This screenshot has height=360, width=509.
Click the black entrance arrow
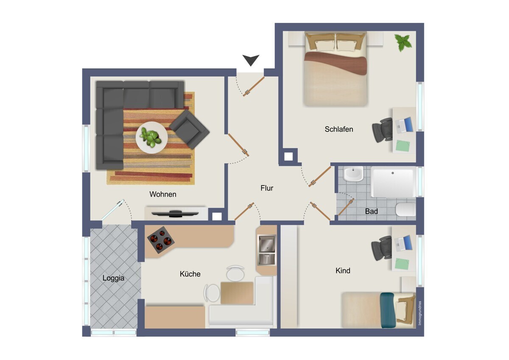tap(251, 59)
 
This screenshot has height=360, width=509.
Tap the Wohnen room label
tap(163, 194)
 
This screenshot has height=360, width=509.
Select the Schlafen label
tap(339, 129)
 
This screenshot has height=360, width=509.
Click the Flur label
tap(267, 188)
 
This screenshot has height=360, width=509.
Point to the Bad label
tap(371, 211)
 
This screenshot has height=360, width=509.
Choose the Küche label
tap(190, 274)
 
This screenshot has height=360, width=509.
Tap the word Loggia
tap(113, 278)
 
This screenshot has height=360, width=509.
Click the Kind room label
tap(343, 270)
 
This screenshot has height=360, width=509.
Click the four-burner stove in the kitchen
tap(161, 240)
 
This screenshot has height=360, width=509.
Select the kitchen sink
tap(267, 250)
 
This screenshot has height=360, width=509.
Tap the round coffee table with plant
tap(151, 138)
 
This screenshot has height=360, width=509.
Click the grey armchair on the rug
tap(189, 129)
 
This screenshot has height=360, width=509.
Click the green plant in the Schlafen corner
tap(403, 42)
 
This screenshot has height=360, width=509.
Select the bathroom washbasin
tap(353, 174)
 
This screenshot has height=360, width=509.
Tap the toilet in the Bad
tap(406, 209)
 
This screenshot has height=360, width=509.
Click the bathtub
tap(393, 182)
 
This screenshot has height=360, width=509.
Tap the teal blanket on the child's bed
tap(387, 310)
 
